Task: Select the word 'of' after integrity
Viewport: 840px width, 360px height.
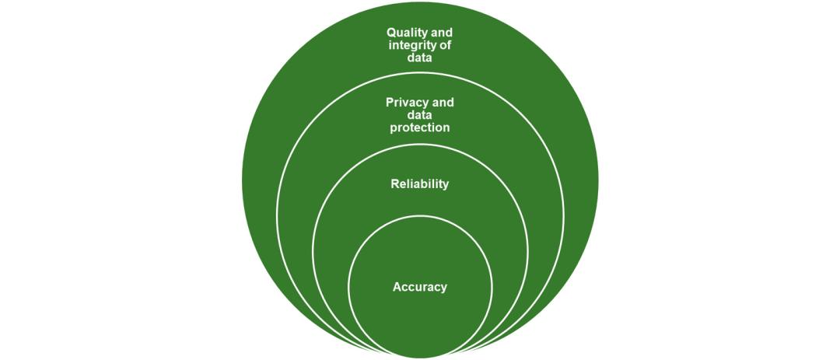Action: coord(446,45)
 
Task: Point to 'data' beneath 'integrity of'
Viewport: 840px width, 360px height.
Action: coord(420,58)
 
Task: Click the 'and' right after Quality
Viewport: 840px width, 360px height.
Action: coord(441,33)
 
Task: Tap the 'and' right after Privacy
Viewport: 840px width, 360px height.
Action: coord(442,103)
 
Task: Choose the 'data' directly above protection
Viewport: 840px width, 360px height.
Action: coord(420,115)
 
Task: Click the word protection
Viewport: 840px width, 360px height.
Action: coord(420,128)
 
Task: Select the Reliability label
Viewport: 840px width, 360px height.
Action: coord(420,184)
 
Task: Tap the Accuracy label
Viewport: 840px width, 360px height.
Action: coord(420,287)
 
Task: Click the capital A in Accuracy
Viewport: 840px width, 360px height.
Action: coord(397,287)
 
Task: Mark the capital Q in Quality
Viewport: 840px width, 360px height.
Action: coord(392,33)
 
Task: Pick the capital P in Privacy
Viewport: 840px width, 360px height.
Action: coord(390,103)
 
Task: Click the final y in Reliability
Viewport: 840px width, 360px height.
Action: coord(446,186)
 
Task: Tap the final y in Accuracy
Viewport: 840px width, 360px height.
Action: coord(444,288)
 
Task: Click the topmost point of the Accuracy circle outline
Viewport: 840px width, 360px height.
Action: coord(420,215)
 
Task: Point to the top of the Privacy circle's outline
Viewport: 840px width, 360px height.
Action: coord(420,73)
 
